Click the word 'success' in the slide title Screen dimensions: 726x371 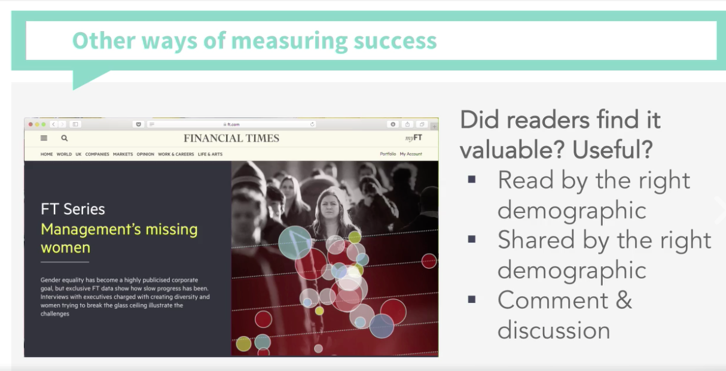tap(395, 41)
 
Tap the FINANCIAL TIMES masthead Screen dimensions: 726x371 tap(231, 138)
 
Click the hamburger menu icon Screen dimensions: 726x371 tap(44, 138)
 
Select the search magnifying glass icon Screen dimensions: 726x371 tap(65, 138)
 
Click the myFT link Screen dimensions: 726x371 tap(414, 138)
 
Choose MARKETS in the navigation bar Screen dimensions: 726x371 tap(123, 154)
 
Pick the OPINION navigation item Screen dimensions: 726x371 tap(145, 154)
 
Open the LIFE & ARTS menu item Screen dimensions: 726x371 tap(210, 154)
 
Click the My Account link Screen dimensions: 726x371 tap(411, 154)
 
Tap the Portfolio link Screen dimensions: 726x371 tap(388, 154)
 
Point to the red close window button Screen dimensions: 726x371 tap(30, 124)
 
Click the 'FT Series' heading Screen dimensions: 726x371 tap(73, 209)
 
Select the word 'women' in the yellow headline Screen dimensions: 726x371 tap(65, 248)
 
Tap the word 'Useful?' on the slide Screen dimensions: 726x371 tap(612, 150)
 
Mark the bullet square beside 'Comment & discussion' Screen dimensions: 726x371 tap(472, 299)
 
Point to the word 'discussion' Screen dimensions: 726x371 tap(554, 330)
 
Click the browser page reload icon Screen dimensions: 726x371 tap(312, 124)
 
